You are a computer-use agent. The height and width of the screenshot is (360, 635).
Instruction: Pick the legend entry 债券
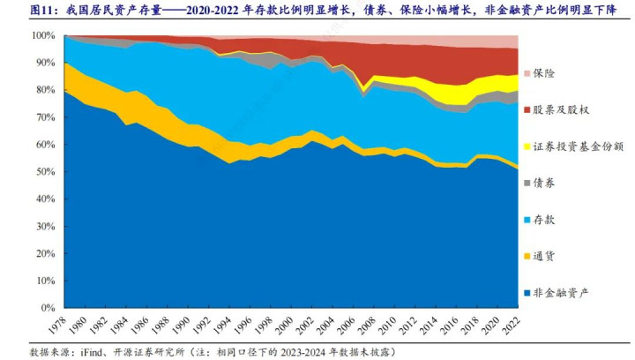coord(543,182)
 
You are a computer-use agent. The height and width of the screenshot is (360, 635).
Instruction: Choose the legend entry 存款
coord(543,219)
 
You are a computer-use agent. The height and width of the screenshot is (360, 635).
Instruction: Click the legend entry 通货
coord(543,255)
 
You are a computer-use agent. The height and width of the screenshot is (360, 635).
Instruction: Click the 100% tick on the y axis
coord(44,35)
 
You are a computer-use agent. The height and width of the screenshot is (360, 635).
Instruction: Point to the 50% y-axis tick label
coord(46,172)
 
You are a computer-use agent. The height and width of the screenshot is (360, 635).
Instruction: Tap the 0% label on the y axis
coord(49,309)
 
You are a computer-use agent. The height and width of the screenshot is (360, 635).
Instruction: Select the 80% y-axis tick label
coord(46,90)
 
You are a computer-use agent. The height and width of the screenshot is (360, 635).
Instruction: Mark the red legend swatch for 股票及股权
coord(527,109)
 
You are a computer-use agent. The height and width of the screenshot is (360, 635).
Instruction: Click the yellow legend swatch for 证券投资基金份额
coord(527,146)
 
